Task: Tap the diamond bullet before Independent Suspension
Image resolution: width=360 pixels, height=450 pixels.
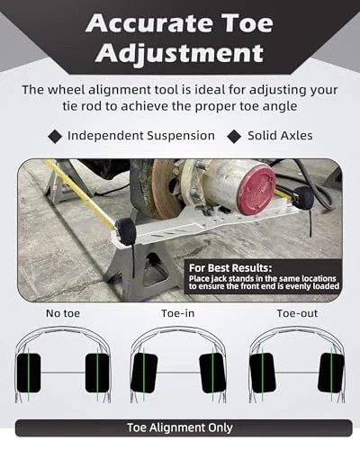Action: click(x=54, y=136)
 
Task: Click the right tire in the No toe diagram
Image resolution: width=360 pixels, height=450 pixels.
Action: click(x=97, y=372)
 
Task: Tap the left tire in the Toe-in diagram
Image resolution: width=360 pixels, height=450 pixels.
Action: click(x=143, y=372)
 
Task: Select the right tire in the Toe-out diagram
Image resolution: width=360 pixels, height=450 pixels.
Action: click(x=330, y=372)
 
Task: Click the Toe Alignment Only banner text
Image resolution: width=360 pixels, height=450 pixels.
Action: click(x=181, y=428)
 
